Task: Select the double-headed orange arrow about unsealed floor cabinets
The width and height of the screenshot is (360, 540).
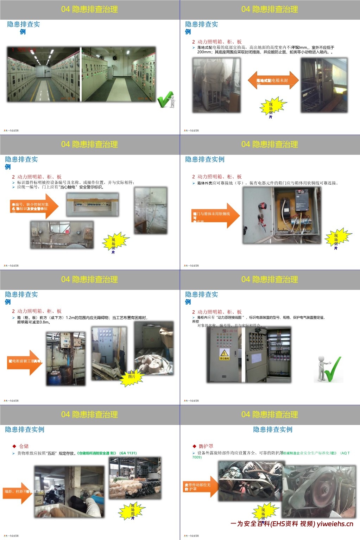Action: [273, 80]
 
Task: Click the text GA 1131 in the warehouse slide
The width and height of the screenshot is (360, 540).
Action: [128, 453]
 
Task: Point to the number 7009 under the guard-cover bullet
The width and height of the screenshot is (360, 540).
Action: [197, 457]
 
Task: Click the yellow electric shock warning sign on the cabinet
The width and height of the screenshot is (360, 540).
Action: [224, 354]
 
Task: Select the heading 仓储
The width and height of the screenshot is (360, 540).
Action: [24, 446]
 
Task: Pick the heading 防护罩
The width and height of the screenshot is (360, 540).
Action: [206, 446]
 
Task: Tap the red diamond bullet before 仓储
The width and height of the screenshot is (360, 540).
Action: [14, 446]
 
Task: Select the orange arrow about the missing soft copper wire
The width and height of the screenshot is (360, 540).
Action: [215, 215]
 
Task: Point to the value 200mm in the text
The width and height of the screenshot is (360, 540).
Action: [204, 52]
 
